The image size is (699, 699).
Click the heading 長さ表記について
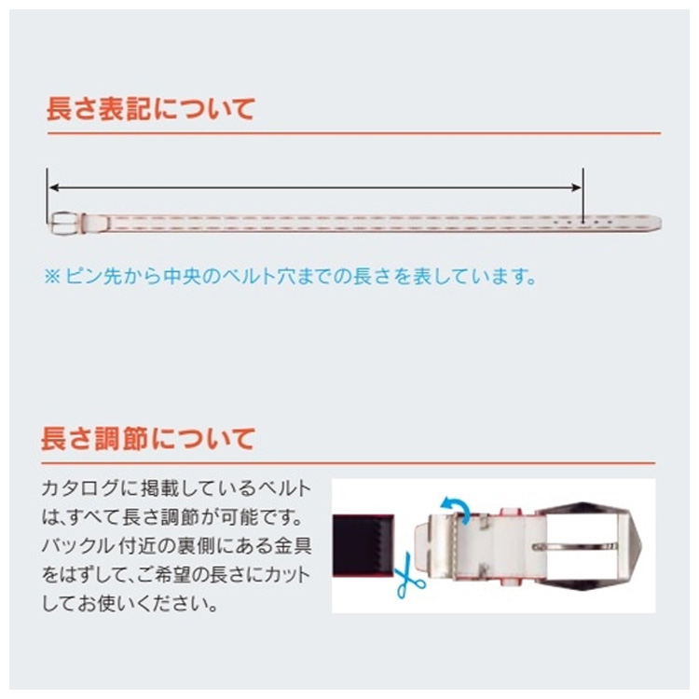[151, 109]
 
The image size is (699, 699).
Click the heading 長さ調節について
[148, 439]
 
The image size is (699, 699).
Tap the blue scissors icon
[409, 576]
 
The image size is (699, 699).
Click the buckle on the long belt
[67, 223]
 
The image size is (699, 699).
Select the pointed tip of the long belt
[661, 222]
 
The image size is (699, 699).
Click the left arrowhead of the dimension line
[53, 187]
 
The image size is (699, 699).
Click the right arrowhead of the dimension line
[576, 187]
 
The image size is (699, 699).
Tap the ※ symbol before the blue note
[52, 277]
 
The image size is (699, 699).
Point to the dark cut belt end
[363, 545]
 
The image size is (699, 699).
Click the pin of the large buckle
[575, 546]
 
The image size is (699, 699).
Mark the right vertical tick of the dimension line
[582, 196]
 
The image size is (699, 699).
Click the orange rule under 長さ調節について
[349, 463]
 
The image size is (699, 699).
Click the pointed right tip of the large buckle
[641, 544]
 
